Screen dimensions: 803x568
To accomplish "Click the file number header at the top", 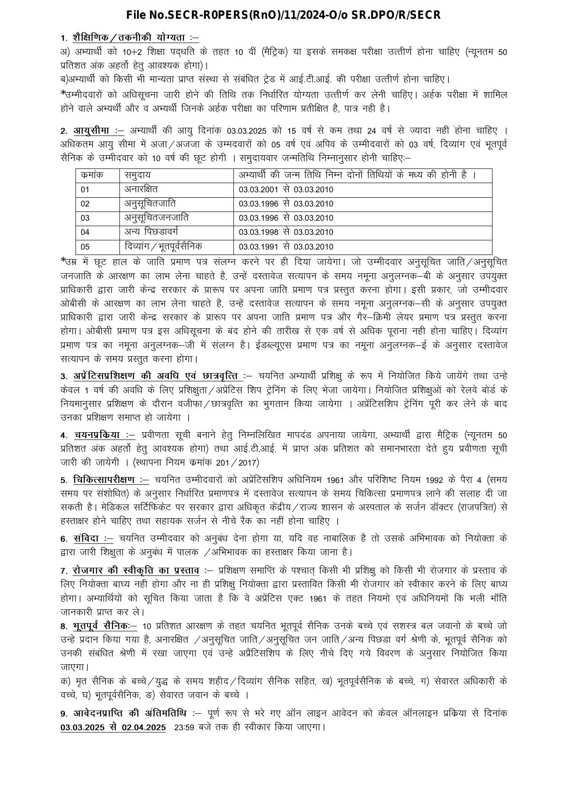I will pos(283,16).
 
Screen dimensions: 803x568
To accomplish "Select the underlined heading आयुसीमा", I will pos(97,130).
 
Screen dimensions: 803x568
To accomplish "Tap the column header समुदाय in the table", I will pos(137,175).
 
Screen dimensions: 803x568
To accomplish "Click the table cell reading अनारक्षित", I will pos(141,189).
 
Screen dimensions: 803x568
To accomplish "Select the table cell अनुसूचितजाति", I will pos(150,203).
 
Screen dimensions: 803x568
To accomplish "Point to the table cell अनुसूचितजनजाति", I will pos(156,217).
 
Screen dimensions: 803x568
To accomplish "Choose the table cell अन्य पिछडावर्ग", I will pos(151,232).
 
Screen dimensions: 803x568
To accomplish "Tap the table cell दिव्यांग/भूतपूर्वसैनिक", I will pos(163,246).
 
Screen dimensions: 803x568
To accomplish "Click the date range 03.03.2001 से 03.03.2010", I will pos(286,190).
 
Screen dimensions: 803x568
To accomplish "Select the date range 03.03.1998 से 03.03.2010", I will pos(286,232).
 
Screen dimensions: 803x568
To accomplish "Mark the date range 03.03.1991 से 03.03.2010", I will pos(286,247).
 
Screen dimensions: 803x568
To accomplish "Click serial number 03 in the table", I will pos(85,218).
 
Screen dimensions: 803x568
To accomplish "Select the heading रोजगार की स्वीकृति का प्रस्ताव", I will pos(136,570).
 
